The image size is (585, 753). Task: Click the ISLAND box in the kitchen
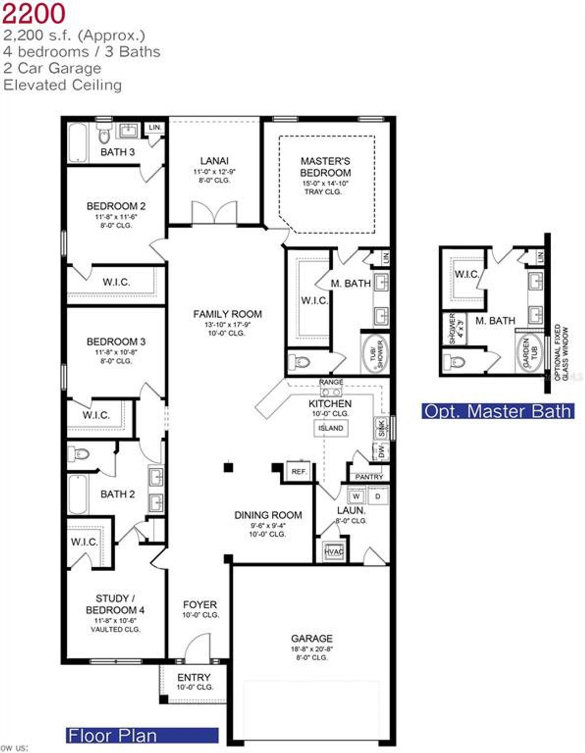click(x=330, y=428)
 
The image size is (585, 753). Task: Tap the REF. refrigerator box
click(x=298, y=471)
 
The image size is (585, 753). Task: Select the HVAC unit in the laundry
click(x=333, y=551)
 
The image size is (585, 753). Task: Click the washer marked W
click(x=356, y=496)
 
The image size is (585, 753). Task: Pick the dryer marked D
click(x=378, y=496)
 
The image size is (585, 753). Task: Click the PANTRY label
click(x=369, y=477)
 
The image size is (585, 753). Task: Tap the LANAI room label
click(x=214, y=161)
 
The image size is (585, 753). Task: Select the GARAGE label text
click(x=312, y=638)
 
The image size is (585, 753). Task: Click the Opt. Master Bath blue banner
click(x=498, y=411)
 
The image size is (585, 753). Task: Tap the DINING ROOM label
click(x=268, y=515)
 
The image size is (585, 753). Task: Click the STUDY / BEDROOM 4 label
click(x=115, y=604)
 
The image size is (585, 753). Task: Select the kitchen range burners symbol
click(x=331, y=392)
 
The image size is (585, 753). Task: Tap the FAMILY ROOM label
click(x=227, y=314)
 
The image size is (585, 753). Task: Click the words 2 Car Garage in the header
click(x=52, y=68)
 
